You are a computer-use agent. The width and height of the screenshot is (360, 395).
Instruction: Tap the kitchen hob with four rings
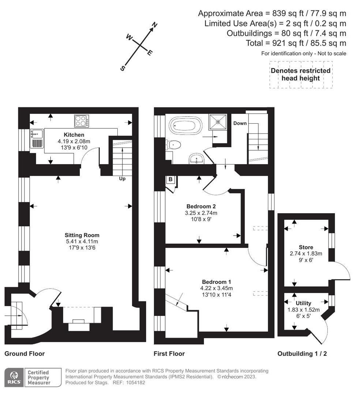(x=81, y=121)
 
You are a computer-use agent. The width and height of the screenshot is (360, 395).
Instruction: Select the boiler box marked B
(x=170, y=180)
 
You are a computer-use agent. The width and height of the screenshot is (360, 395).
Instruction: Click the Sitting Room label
(x=82, y=235)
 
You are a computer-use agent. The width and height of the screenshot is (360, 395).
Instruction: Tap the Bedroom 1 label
(x=216, y=282)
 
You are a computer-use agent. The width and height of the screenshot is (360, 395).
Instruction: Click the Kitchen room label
(x=74, y=135)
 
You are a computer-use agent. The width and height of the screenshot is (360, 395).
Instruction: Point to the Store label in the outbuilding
(x=306, y=247)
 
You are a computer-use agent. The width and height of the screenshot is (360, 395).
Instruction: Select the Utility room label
(x=303, y=303)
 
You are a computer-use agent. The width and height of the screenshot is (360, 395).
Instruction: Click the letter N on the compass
(x=155, y=25)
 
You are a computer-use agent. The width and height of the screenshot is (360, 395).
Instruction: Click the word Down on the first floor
(x=240, y=123)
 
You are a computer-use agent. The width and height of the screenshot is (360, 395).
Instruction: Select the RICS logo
(x=14, y=377)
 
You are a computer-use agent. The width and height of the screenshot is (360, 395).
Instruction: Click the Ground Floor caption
(x=24, y=354)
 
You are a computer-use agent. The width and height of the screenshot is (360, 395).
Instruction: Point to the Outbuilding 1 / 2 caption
(x=302, y=354)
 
